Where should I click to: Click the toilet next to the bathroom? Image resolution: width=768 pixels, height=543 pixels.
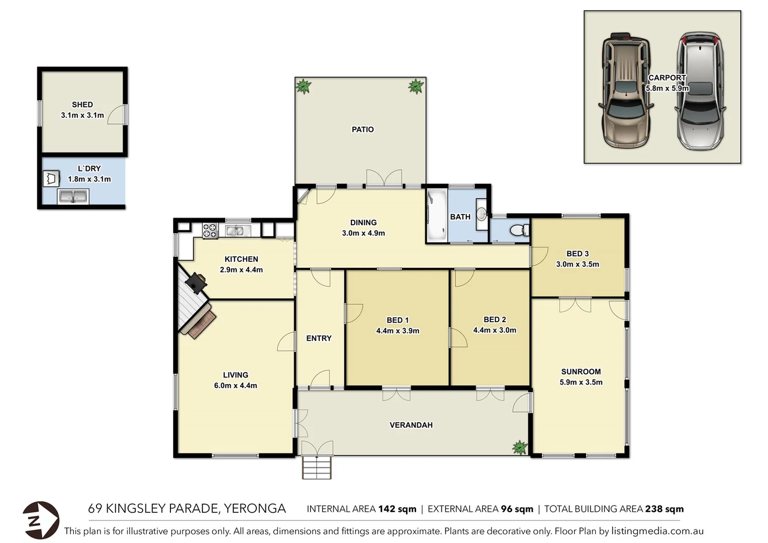pos(519,230)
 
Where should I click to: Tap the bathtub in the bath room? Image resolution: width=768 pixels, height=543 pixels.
pos(436,216)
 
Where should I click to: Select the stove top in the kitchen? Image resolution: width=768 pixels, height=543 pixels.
pos(210,231)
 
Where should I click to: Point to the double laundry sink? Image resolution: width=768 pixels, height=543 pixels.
pos(73,196)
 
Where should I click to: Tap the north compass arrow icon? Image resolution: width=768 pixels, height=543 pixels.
pos(40,520)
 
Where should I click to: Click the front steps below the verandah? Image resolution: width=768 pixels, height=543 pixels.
pos(317,468)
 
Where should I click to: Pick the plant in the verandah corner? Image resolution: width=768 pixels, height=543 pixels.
pos(519,447)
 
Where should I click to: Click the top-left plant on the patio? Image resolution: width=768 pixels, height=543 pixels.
pos(304,86)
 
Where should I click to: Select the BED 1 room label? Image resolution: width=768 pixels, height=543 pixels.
pos(397,320)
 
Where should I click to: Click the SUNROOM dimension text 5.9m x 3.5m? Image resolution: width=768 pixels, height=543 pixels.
pos(581,382)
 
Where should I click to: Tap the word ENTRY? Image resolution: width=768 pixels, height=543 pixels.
pos(319,338)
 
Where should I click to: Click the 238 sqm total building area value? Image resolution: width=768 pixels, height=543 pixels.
pos(664,509)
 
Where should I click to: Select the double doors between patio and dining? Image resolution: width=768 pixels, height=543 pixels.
pos(384,178)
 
